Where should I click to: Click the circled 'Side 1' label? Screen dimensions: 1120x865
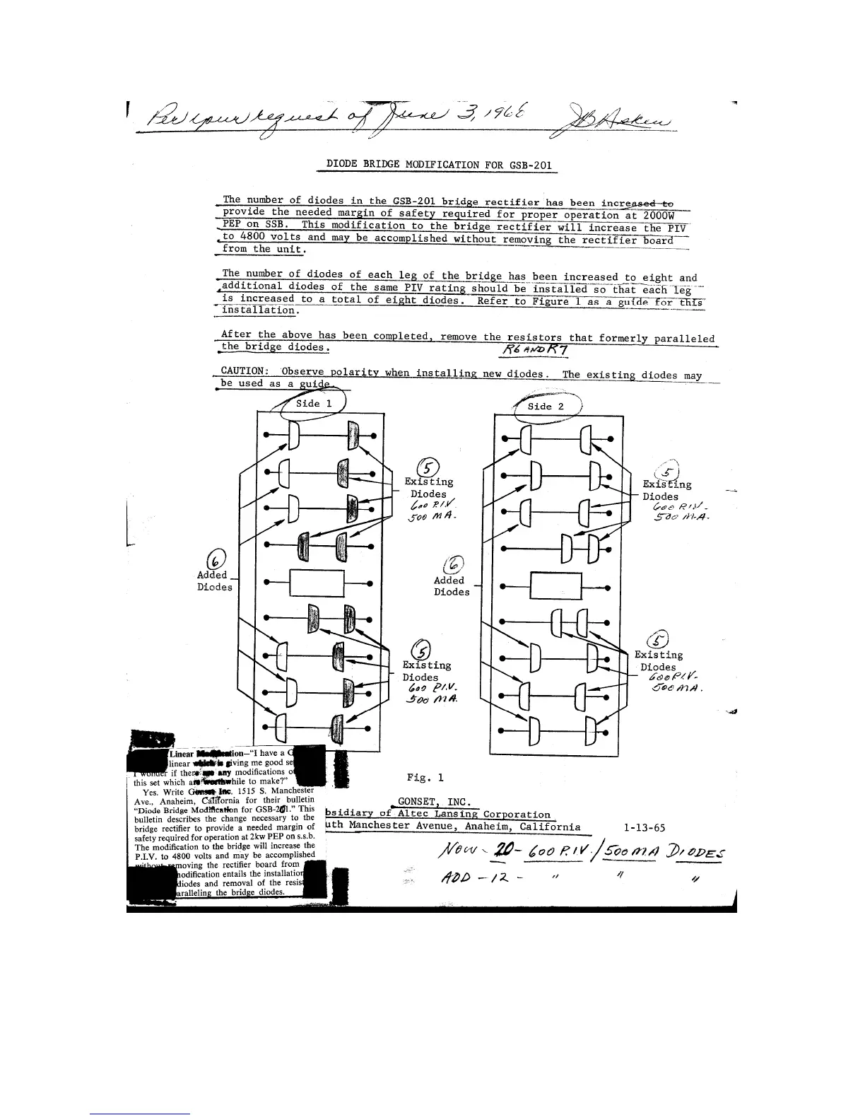pos(313,404)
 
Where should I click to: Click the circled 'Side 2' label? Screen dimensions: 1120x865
pos(546,407)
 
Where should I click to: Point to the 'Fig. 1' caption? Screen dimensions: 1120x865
pos(425,778)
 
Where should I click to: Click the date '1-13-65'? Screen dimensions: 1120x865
pos(645,827)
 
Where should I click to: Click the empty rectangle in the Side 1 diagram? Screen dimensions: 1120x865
pos(316,583)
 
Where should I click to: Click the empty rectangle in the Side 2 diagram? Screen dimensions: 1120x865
pos(555,585)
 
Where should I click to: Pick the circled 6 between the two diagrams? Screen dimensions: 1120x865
pos(455,564)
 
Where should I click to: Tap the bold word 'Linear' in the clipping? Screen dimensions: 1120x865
pos(182,754)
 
